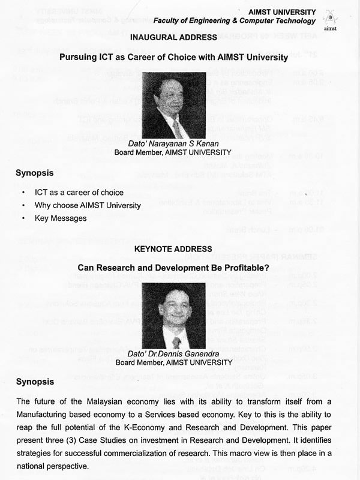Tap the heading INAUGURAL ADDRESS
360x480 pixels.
click(x=173, y=38)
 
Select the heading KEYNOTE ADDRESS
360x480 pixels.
click(x=173, y=248)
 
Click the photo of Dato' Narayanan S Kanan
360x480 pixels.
click(x=173, y=106)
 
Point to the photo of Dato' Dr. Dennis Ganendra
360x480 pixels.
click(x=174, y=316)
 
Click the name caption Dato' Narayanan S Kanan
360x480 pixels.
click(x=173, y=144)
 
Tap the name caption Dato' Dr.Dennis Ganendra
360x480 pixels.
click(x=174, y=355)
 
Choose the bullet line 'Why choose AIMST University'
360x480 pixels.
click(x=88, y=205)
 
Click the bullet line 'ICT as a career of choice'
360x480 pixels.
click(x=88, y=193)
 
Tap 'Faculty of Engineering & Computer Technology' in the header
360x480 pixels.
click(x=235, y=20)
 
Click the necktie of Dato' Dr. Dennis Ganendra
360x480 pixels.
click(x=176, y=343)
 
